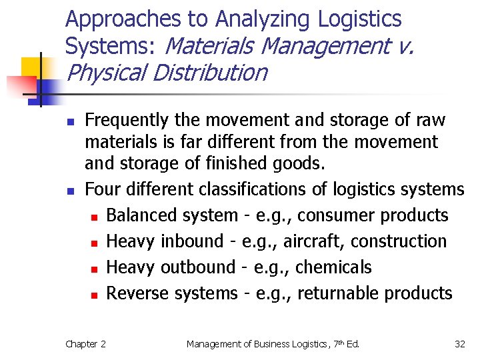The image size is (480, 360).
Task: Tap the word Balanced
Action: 135,215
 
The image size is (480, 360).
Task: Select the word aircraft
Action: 303,241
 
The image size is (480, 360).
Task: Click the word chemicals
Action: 333,267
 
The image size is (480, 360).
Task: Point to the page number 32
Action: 459,344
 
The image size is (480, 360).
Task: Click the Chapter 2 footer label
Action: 85,344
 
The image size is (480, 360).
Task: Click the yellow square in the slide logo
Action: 32,67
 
